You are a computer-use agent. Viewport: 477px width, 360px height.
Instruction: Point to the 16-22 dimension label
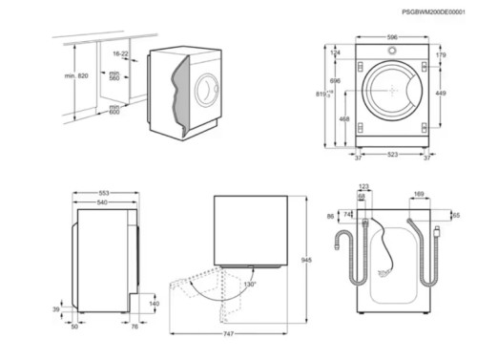tap(119, 55)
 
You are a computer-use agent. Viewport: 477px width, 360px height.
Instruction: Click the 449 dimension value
tap(442, 94)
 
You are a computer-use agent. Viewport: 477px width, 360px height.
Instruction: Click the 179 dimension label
tap(442, 55)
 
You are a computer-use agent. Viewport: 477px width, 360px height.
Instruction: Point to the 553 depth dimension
tap(104, 194)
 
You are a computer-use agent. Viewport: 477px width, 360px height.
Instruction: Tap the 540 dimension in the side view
tap(103, 202)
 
